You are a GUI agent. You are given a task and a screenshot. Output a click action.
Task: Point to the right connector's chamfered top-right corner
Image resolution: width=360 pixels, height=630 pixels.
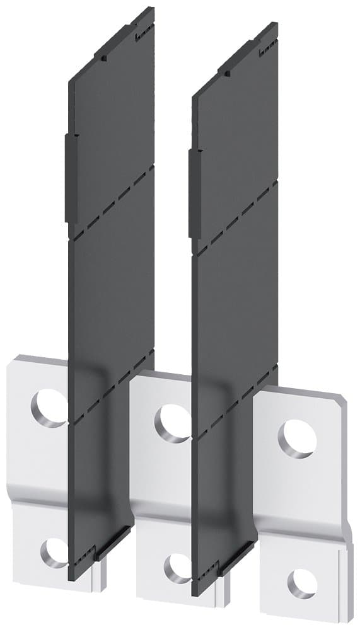pyautogui.click(x=340, y=394)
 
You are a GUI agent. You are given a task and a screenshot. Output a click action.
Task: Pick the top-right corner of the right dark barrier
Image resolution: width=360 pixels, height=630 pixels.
pyautogui.click(x=276, y=25)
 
